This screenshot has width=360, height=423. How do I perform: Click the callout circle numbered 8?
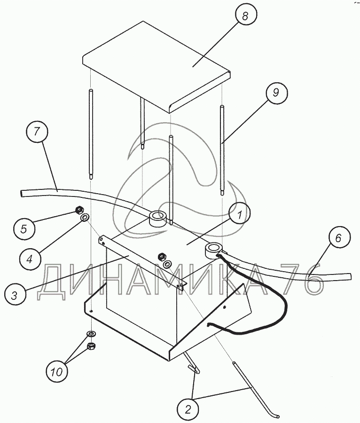click(x=245, y=16)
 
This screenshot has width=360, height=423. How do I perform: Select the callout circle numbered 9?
click(x=276, y=92)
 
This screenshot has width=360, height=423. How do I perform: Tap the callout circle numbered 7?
click(x=37, y=132)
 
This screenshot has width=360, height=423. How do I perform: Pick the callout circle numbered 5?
click(x=23, y=229)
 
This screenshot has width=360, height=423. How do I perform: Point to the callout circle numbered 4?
click(x=30, y=259)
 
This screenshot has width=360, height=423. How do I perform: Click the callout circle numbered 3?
click(x=15, y=296)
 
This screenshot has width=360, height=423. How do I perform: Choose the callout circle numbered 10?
click(x=57, y=372)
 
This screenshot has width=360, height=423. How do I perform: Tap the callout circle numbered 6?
click(x=339, y=237)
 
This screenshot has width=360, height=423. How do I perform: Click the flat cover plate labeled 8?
click(x=157, y=66)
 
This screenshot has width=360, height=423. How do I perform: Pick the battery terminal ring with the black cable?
click(x=214, y=250)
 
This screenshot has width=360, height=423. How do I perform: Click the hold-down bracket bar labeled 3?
click(x=142, y=263)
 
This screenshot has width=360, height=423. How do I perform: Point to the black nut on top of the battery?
click(x=162, y=256)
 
